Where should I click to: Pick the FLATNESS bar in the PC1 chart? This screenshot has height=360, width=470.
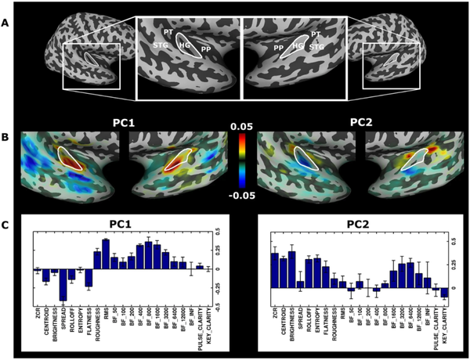pos(89,278)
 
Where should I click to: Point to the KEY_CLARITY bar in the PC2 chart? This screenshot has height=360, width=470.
pos(444,293)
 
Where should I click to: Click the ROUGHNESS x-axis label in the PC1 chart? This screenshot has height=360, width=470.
pos(98,329)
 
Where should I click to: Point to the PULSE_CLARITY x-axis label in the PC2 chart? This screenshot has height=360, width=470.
pos(436,332)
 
